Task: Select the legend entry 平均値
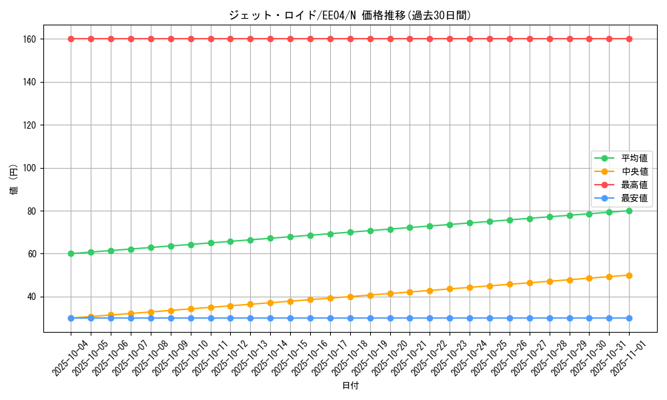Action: [x=634, y=158]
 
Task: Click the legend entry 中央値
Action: [x=634, y=171]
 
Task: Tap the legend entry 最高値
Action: [x=634, y=185]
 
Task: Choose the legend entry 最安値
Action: [x=634, y=198]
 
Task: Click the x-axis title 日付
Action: [x=350, y=386]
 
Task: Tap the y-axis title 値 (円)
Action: [x=14, y=180]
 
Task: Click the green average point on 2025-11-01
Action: [x=629, y=211]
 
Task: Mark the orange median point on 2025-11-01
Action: [x=629, y=275]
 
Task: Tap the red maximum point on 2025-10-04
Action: [x=71, y=39]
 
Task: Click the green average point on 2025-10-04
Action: [x=71, y=253]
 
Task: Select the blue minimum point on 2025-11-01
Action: [x=629, y=318]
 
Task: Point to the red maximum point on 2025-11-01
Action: [x=629, y=39]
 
